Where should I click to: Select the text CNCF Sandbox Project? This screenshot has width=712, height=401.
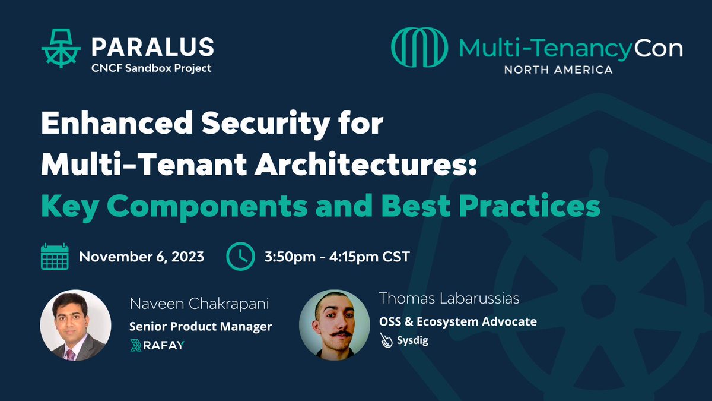[151, 68]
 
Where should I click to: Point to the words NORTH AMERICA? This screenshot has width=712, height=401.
[558, 70]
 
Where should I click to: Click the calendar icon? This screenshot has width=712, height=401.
[55, 257]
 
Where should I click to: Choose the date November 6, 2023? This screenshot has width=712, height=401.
[141, 257]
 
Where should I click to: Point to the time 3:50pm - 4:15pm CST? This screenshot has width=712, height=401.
[337, 257]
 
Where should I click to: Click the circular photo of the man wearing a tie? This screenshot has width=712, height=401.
[75, 326]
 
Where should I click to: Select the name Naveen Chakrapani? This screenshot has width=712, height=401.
[199, 305]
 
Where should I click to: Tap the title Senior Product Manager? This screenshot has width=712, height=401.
[201, 326]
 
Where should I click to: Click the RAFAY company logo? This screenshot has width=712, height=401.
[157, 345]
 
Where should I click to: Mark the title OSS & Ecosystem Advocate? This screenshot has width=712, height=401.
[458, 321]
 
